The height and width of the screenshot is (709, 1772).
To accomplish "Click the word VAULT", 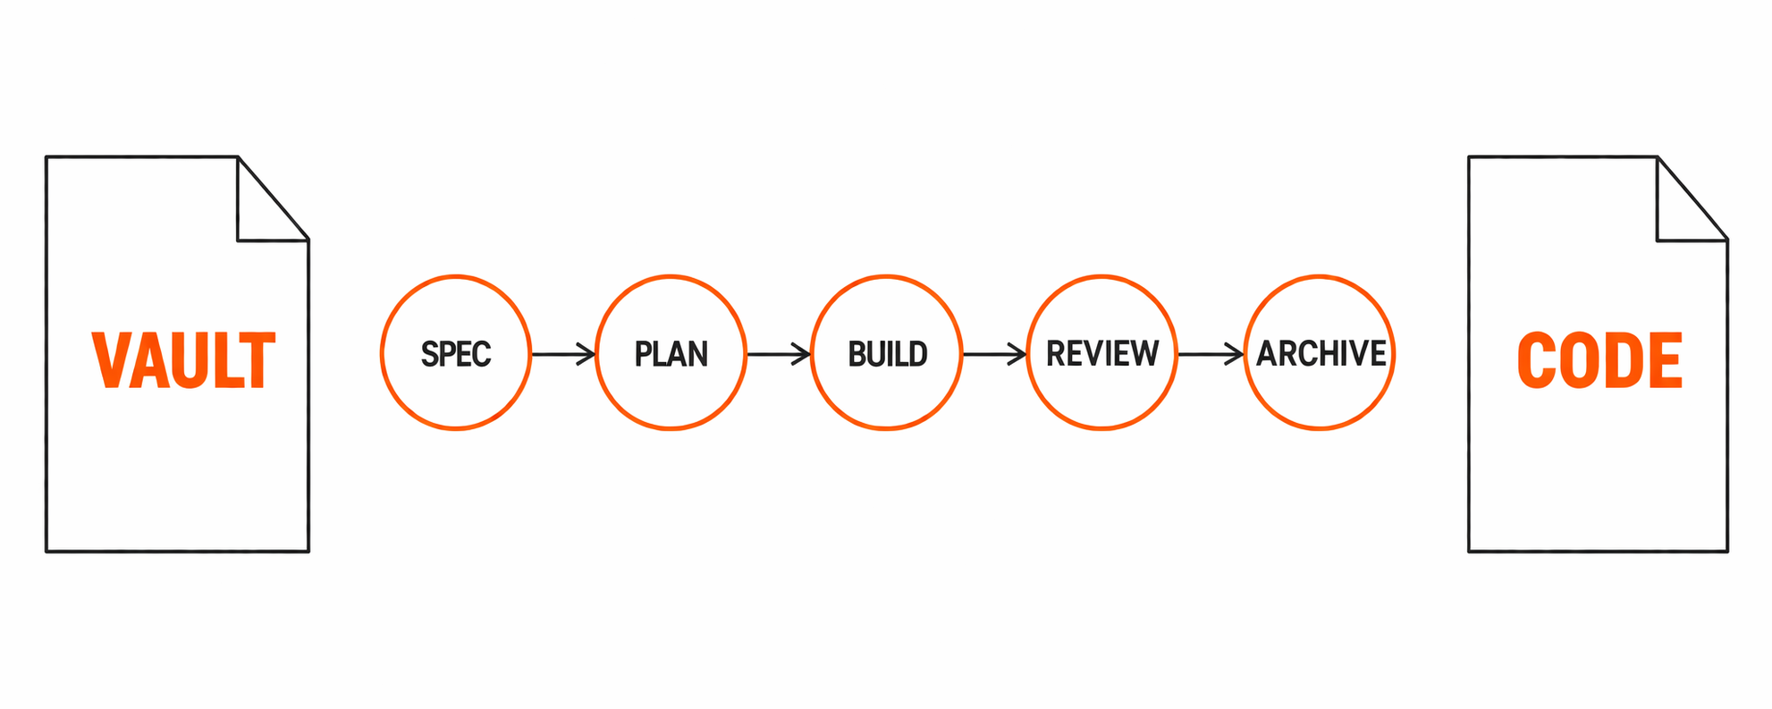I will (183, 360).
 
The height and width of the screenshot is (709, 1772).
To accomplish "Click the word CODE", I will (1599, 360).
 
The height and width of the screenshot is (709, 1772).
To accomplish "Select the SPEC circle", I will (456, 352).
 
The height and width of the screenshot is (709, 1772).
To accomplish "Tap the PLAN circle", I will (671, 352).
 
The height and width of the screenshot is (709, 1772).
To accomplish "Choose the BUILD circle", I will (887, 352).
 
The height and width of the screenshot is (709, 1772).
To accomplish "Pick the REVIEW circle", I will (1102, 352).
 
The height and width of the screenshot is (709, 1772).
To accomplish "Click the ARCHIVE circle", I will (1320, 352).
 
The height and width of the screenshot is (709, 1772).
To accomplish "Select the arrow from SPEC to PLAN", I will (563, 354).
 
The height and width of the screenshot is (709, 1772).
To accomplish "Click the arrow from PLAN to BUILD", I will (778, 354).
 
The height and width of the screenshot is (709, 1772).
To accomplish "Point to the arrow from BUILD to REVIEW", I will (994, 354).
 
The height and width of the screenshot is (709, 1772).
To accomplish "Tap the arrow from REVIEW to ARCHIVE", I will (1211, 354).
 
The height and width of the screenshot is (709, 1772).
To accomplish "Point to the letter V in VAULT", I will (111, 360).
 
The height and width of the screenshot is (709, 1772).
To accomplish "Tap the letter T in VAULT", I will (257, 360).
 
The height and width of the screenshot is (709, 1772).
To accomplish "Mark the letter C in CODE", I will (1536, 360).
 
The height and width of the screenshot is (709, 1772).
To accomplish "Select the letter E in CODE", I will (1665, 360).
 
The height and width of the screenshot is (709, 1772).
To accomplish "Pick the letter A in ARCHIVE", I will (1266, 353).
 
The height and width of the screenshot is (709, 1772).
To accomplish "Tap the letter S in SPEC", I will (429, 354).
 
